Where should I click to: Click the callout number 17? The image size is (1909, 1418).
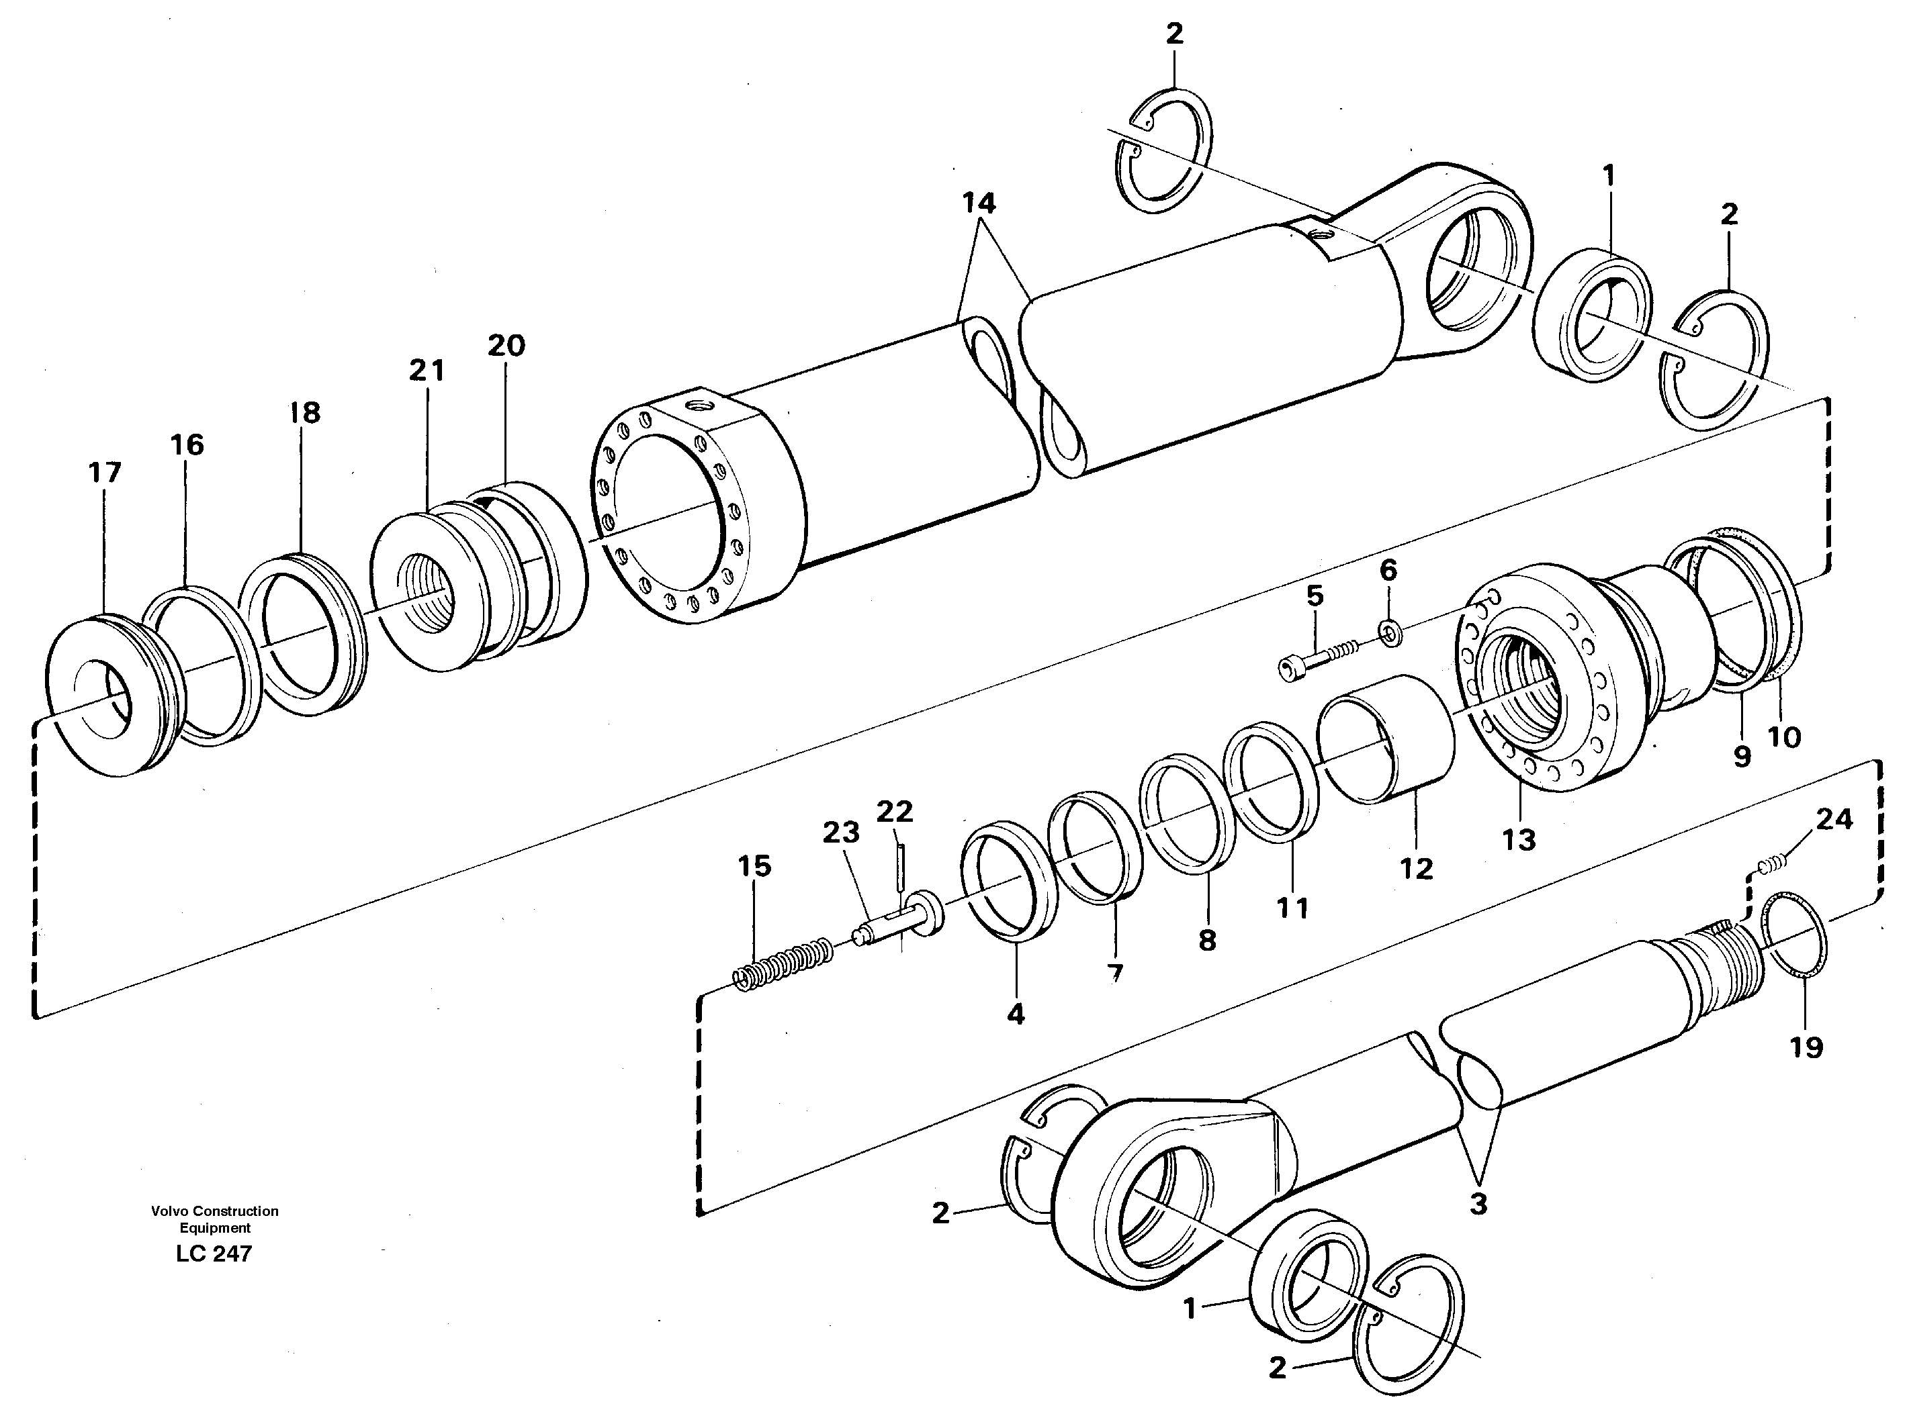[x=105, y=472]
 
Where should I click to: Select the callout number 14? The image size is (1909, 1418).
[x=978, y=203]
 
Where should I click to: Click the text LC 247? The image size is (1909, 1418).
[x=214, y=1254]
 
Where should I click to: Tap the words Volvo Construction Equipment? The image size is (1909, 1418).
[x=215, y=1219]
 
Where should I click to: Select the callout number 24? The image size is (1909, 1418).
[x=1834, y=819]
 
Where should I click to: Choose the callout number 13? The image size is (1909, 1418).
[x=1518, y=839]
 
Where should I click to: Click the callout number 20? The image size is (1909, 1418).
[x=506, y=346]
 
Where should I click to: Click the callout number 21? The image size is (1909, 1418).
[x=427, y=371]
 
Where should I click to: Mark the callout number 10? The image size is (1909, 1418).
[x=1785, y=737]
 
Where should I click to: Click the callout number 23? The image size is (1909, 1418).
[x=841, y=832]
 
